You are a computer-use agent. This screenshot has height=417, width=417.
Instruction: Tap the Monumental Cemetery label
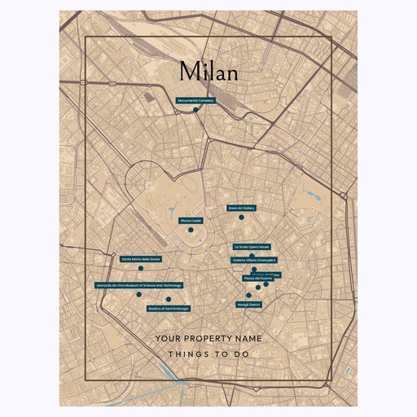pyautogui.click(x=195, y=100)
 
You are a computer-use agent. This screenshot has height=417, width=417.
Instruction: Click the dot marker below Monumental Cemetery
pyautogui.click(x=196, y=109)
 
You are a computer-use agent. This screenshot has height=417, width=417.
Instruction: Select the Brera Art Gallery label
pyautogui.click(x=242, y=208)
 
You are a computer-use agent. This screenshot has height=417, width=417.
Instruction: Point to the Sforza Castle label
pyautogui.click(x=191, y=220)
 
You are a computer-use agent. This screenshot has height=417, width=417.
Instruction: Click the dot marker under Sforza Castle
pyautogui.click(x=191, y=230)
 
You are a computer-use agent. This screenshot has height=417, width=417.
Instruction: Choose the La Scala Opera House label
pyautogui.click(x=252, y=246)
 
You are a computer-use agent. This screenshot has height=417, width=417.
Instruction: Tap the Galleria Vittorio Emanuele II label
pyautogui.click(x=261, y=260)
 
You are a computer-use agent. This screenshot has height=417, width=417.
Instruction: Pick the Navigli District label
pyautogui.click(x=248, y=305)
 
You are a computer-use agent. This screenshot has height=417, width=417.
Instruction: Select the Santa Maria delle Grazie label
pyautogui.click(x=141, y=258)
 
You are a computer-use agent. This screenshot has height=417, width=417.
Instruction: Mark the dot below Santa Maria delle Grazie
pyautogui.click(x=140, y=267)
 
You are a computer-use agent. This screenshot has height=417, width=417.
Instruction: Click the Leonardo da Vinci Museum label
pyautogui.click(x=138, y=285)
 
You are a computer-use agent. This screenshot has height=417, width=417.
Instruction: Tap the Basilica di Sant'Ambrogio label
pyautogui.click(x=169, y=308)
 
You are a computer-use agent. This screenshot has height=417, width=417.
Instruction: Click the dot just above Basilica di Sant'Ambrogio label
pyautogui.click(x=168, y=300)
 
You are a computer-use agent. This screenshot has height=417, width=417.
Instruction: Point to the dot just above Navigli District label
pyautogui.click(x=248, y=296)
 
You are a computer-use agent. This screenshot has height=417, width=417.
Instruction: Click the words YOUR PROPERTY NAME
pyautogui.click(x=208, y=337)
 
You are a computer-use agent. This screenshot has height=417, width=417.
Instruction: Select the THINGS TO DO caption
pyautogui.click(x=208, y=354)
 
